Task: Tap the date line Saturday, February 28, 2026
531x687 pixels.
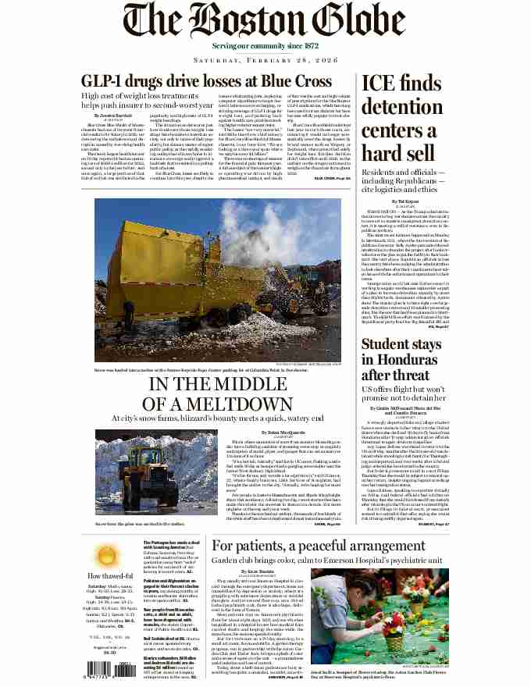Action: point(265,61)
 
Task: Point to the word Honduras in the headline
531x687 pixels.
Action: point(395,354)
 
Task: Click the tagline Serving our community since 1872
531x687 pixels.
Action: point(265,46)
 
